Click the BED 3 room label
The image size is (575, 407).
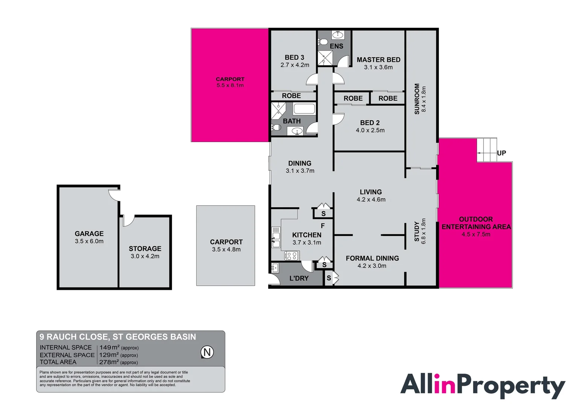(294, 58)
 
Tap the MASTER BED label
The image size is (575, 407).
(378, 60)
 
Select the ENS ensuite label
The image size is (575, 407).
(336, 46)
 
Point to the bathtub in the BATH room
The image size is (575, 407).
(304, 109)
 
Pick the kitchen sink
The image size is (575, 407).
(276, 240)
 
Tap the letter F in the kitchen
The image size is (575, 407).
(322, 226)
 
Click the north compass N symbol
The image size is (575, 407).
(207, 352)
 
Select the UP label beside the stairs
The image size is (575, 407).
(501, 153)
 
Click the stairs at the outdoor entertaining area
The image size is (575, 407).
(487, 150)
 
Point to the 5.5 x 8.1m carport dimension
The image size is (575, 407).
(230, 86)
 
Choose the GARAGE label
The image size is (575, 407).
(89, 234)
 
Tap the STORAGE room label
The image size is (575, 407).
(145, 249)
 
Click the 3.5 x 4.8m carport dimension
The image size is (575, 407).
(226, 249)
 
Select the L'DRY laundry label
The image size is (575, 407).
(299, 278)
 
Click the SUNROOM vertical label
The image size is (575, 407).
(417, 99)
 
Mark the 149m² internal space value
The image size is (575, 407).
(110, 347)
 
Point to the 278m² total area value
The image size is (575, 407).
(109, 362)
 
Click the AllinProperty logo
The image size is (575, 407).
(482, 386)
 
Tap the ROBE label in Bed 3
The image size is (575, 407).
(291, 96)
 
